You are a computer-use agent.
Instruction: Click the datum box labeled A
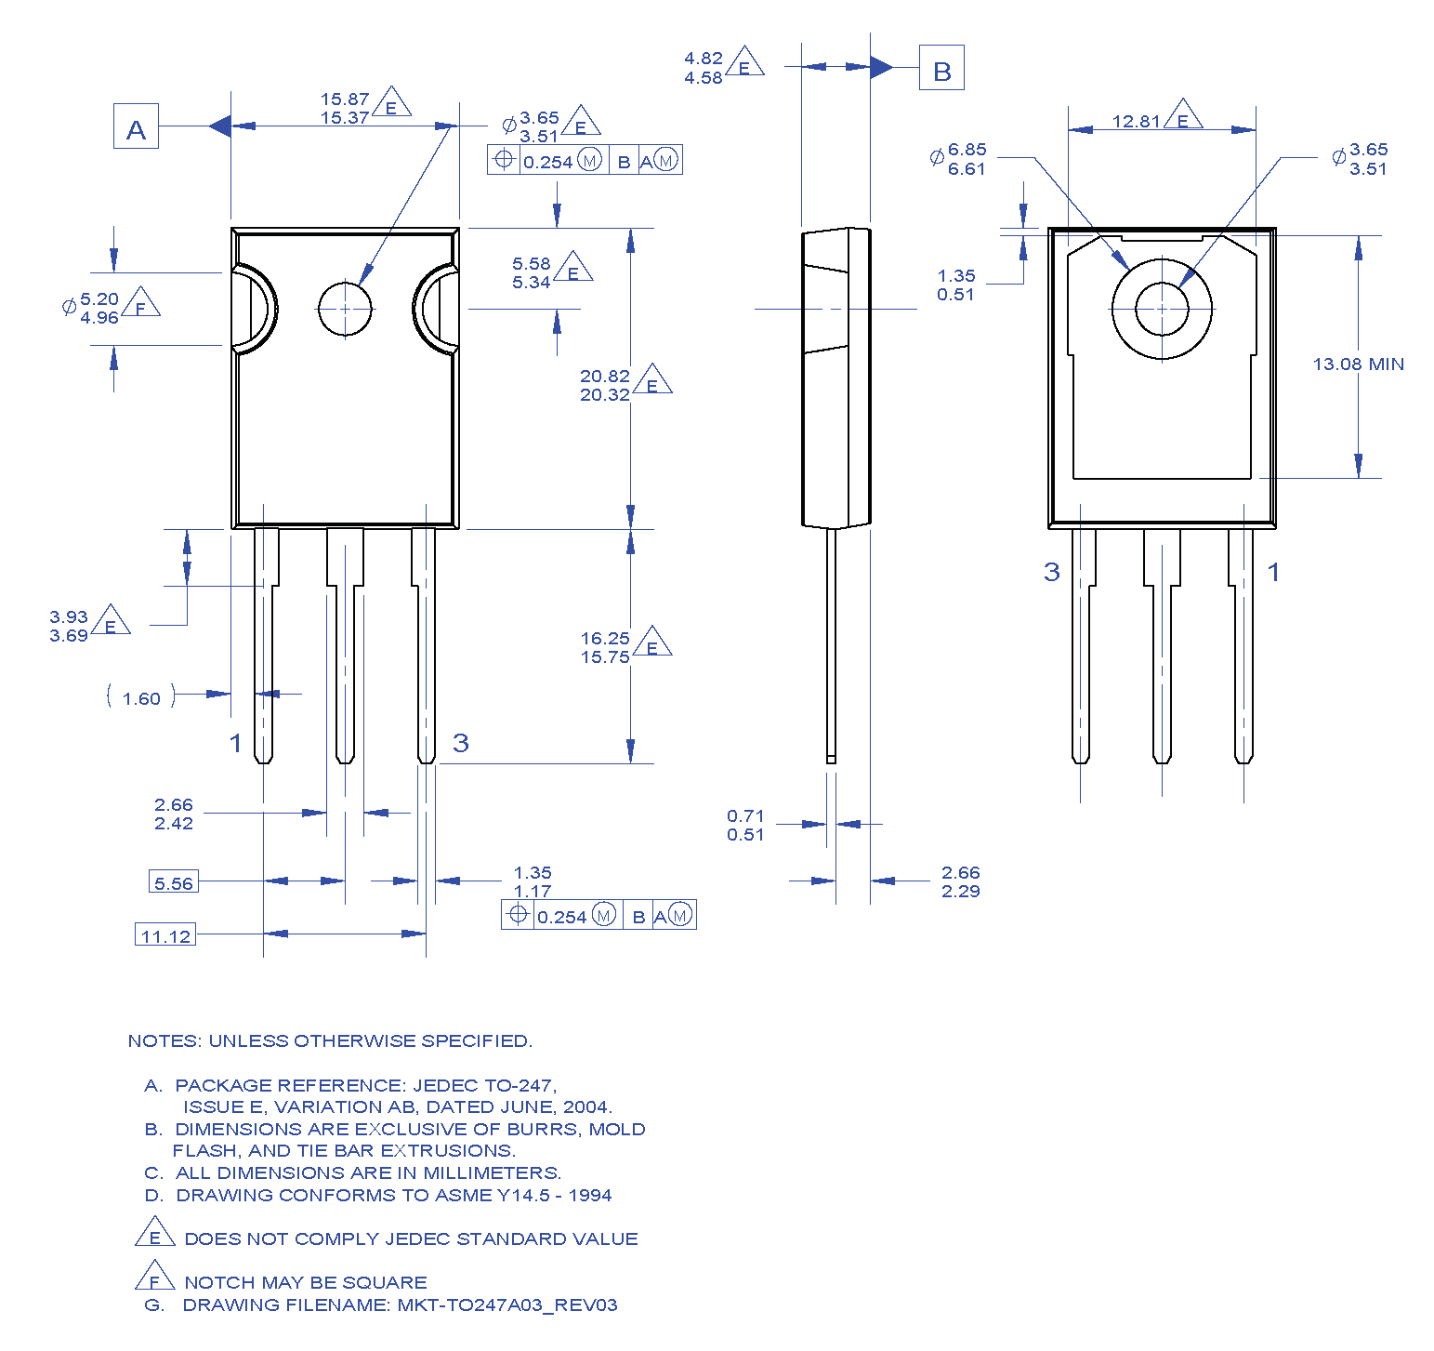coord(136,126)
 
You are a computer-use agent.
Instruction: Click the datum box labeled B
coord(941,68)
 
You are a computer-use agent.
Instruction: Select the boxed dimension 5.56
coord(174,881)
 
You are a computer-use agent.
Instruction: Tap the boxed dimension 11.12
coord(165,934)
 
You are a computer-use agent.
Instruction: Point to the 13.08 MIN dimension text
coord(1358,364)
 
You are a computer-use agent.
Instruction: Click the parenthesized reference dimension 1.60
coord(141,697)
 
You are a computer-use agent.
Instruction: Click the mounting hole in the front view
coord(345,309)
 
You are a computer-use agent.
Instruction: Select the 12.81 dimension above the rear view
coord(1137,121)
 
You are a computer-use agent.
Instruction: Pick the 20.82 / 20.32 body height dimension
coord(605,385)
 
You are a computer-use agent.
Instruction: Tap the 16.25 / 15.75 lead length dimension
coord(605,647)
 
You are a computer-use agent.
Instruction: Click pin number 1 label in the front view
coord(236,742)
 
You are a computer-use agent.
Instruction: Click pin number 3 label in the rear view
coord(1051,571)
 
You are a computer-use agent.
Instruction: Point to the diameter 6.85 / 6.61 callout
coord(966,159)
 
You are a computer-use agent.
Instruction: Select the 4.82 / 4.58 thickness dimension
coord(704,68)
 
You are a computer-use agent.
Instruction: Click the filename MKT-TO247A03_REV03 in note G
coord(507,1305)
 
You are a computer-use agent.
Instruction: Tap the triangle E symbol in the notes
coord(154,1233)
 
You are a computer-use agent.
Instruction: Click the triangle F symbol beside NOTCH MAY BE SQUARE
coord(154,1277)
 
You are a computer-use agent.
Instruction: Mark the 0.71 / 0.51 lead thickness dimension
coord(745,825)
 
